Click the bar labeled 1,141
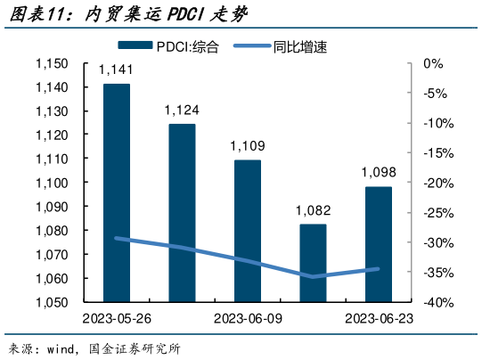click(117, 192)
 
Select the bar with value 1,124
click(183, 212)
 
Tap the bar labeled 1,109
click(248, 230)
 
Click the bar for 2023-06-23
click(379, 243)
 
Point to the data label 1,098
click(379, 173)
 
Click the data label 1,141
click(116, 70)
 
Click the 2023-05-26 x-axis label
click(116, 318)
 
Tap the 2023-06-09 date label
click(248, 318)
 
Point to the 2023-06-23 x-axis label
click(379, 318)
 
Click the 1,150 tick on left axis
click(52, 64)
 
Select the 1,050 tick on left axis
click(52, 302)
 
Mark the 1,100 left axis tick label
click(52, 183)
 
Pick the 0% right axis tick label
click(434, 64)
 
